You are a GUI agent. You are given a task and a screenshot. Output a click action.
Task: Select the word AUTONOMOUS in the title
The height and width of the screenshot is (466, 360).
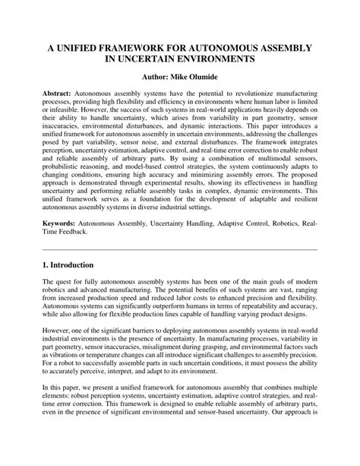(241, 47)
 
